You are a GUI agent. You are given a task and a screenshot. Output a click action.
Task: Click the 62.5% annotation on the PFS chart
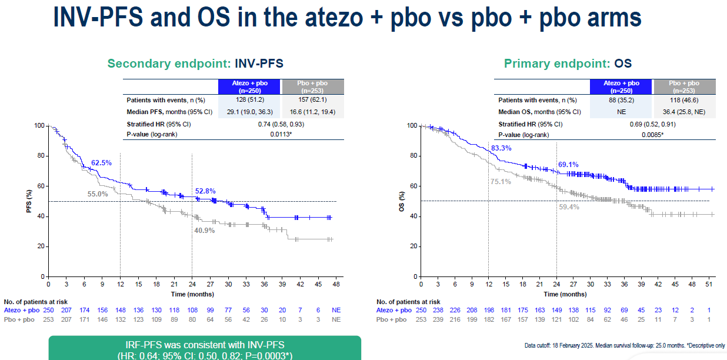[101, 162]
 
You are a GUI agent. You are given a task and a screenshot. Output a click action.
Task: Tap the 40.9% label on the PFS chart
[204, 231]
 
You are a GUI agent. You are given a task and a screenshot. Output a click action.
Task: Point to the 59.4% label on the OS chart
[568, 207]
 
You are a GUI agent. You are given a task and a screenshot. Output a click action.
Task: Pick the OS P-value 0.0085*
[653, 135]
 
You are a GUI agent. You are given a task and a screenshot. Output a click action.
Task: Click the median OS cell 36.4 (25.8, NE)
[683, 112]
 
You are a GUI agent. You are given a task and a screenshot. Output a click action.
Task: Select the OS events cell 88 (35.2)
[621, 101]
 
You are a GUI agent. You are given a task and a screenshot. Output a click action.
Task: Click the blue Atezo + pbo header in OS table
[621, 86]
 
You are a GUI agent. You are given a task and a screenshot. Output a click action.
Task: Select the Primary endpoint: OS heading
[568, 64]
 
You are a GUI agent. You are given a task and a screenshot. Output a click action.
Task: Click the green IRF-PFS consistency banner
[204, 348]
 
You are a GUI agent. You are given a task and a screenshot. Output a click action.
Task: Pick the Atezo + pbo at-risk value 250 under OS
[421, 310]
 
